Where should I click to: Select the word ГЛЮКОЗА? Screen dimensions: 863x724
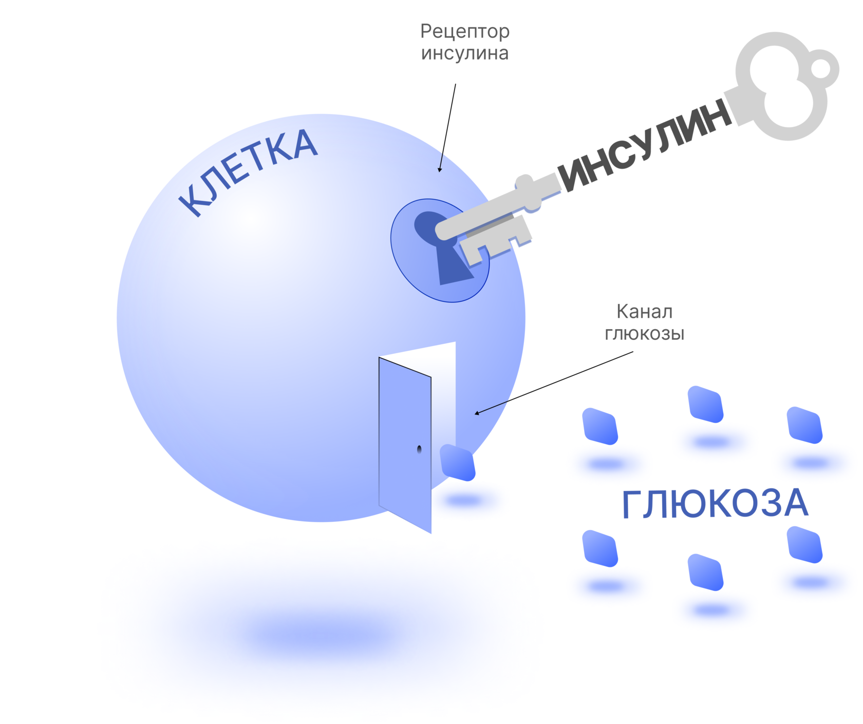[715, 505]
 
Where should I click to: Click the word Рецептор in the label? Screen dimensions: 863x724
[464, 32]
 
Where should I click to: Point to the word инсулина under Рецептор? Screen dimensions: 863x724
[464, 53]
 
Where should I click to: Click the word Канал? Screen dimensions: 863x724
[644, 312]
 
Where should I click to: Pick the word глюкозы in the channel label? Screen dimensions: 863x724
[644, 334]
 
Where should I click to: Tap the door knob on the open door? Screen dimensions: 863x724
[419, 449]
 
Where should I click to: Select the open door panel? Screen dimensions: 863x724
[405, 442]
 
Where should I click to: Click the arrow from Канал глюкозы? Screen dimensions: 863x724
[555, 383]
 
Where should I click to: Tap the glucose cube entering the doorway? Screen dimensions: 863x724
[457, 462]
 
